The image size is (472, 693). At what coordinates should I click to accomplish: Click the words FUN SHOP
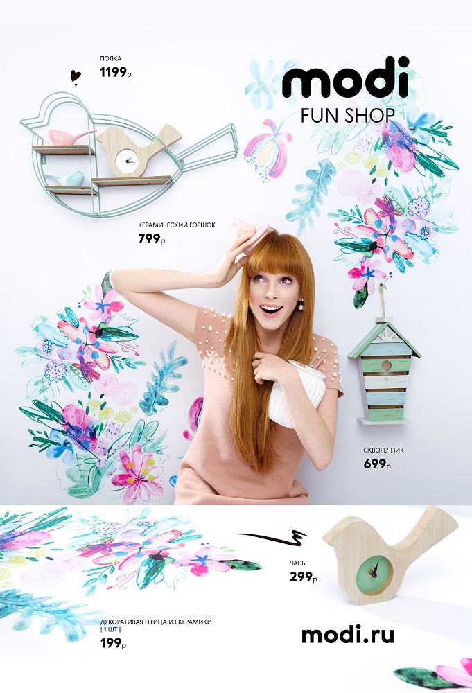347,115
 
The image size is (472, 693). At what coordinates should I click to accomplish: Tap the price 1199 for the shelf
115,73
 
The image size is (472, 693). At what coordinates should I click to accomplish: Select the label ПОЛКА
110,58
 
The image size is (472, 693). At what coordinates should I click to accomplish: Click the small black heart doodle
76,76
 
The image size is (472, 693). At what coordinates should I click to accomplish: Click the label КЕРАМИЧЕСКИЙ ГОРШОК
177,225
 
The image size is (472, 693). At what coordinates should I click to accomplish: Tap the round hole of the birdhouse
386,365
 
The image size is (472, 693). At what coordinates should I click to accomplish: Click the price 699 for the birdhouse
377,464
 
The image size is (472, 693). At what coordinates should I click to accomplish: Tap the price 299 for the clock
303,577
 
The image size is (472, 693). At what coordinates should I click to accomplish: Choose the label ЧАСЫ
298,563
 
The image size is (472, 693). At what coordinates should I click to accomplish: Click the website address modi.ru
347,635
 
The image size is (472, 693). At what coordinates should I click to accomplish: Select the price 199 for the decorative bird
113,643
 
